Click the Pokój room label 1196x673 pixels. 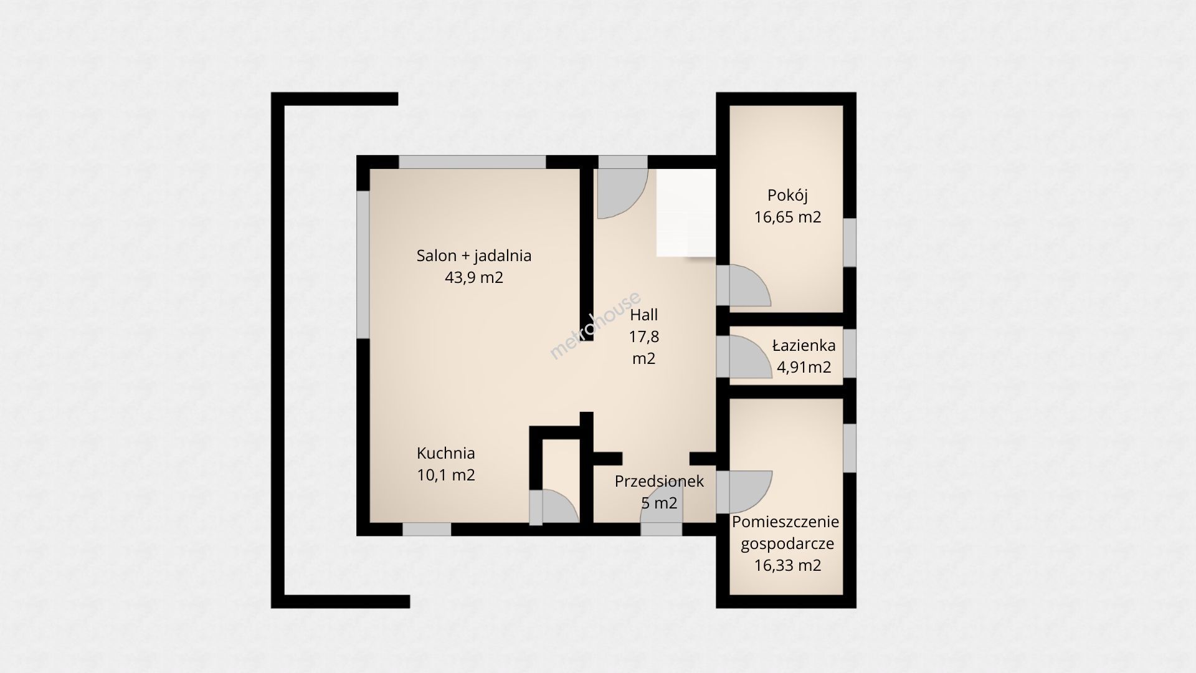[787, 196]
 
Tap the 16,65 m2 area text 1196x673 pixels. [787, 217]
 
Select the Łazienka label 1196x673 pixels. [804, 345]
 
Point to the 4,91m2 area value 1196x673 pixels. [804, 368]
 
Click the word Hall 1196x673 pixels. [643, 315]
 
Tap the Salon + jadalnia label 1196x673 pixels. [474, 255]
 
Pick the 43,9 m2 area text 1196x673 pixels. [474, 277]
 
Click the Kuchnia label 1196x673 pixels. [446, 453]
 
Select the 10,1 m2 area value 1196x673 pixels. [446, 475]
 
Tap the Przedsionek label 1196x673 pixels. [659, 481]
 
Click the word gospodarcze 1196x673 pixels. [787, 544]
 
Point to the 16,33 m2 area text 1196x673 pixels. [787, 565]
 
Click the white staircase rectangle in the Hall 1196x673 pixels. [685, 212]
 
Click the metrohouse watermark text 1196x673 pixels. [594, 325]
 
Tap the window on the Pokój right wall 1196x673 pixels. [850, 242]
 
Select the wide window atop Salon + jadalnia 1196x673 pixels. [473, 162]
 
